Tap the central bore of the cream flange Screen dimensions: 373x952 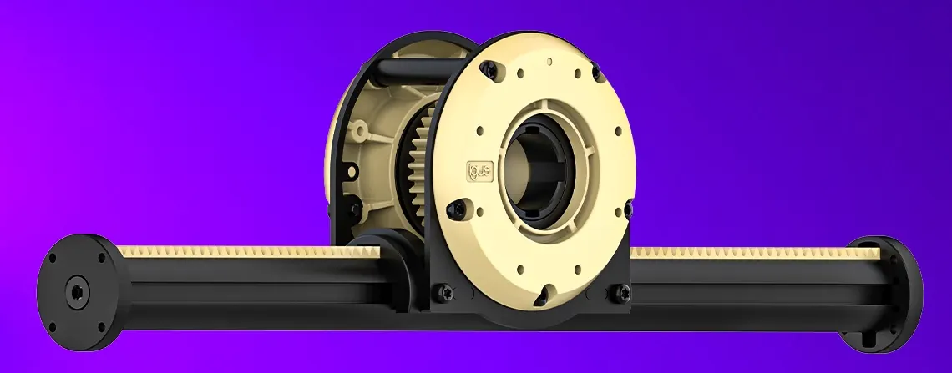pyautogui.click(x=541, y=168)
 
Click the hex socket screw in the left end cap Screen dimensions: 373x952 pyautogui.click(x=78, y=294)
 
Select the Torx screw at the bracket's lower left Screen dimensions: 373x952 pyautogui.click(x=439, y=291)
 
